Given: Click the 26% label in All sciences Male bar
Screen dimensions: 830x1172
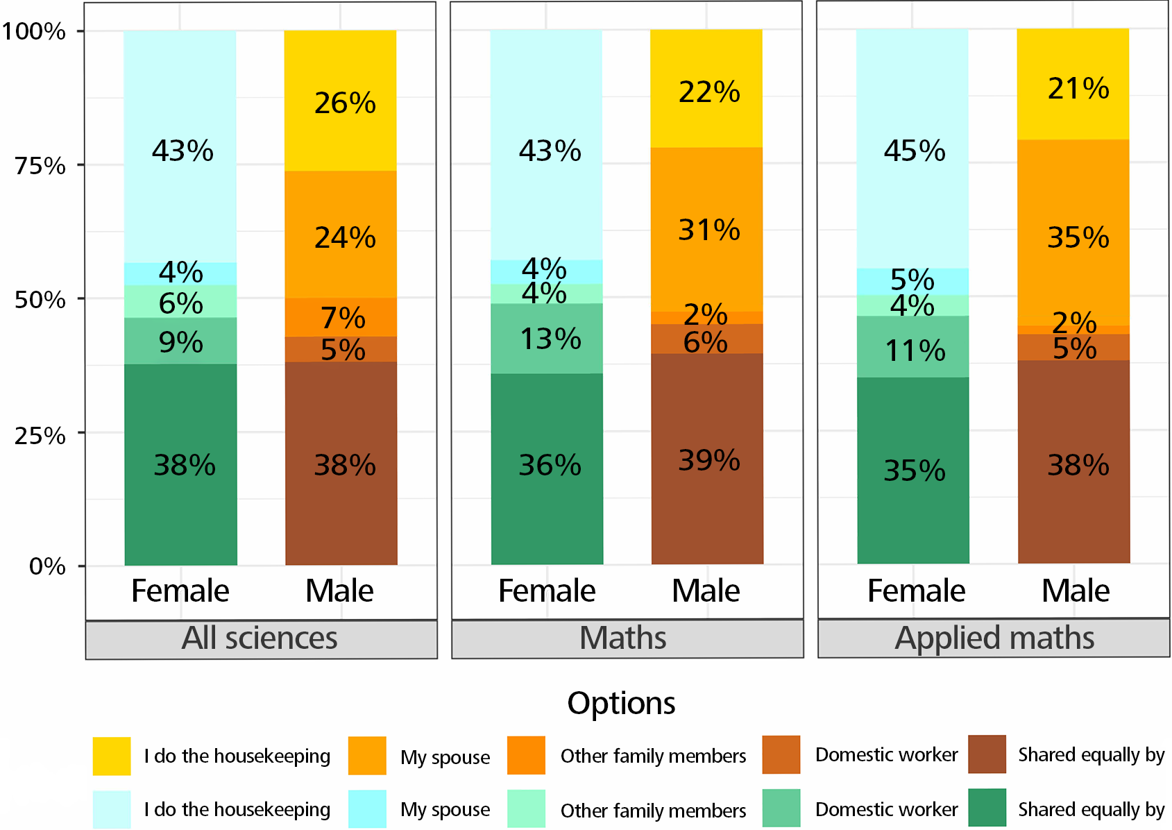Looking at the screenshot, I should click(x=345, y=103).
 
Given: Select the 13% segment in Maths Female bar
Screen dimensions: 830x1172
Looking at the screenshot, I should click(x=547, y=339).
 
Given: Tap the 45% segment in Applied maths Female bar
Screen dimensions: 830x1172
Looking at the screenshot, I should click(x=913, y=150).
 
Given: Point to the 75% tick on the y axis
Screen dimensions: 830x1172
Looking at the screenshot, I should click(x=40, y=166).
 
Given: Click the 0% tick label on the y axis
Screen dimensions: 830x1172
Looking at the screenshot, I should click(x=47, y=566).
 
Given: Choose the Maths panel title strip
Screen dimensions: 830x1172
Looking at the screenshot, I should click(x=627, y=638).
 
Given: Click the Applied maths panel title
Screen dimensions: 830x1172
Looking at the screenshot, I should click(x=994, y=638).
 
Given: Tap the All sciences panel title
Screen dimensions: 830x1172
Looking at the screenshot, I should click(x=260, y=638).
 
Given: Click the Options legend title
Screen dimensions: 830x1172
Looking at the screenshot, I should click(x=621, y=703).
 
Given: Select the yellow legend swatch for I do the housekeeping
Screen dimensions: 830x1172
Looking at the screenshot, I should click(x=112, y=756).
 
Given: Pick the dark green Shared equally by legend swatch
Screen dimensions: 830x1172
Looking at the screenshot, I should click(x=987, y=808).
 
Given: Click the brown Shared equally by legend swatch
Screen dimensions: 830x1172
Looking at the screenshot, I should click(x=987, y=754).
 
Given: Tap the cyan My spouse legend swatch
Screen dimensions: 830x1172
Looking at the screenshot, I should click(x=367, y=808).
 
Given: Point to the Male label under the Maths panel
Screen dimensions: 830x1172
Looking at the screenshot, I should click(x=706, y=591).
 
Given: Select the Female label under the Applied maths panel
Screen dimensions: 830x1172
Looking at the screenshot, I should click(x=916, y=591).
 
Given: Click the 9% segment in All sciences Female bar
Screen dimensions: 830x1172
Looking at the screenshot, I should click(x=180, y=341).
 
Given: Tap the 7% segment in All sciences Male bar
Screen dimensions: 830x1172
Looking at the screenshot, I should click(x=341, y=318).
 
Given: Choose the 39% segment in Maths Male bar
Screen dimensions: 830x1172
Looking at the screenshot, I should click(x=708, y=459).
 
